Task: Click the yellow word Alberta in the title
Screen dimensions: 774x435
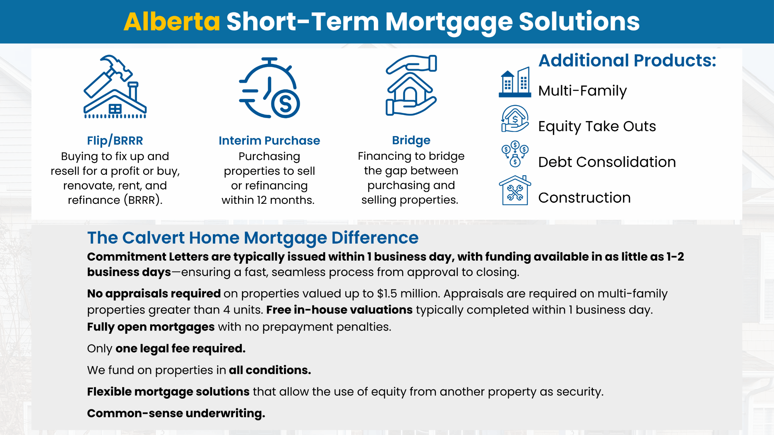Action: point(172,21)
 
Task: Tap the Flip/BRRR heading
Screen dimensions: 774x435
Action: point(115,140)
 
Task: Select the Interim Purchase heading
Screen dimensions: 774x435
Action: point(269,140)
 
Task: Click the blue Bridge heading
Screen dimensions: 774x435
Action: point(411,140)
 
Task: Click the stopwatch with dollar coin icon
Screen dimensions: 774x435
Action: point(269,88)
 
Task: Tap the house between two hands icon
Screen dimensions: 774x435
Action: point(411,85)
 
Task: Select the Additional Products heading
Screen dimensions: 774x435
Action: point(627,60)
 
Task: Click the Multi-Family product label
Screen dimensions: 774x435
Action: point(582,91)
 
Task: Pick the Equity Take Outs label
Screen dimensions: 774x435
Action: point(597,126)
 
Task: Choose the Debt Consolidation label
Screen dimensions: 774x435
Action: point(607,162)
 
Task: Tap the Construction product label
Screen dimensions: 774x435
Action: point(584,198)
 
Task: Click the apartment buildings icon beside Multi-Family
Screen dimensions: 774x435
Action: point(515,82)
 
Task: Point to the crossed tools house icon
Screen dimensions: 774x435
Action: point(515,190)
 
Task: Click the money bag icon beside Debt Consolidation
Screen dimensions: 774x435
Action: point(515,154)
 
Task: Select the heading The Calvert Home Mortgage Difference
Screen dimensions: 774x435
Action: point(253,238)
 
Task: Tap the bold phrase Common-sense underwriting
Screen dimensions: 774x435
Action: point(176,413)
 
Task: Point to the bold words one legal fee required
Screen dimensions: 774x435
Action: point(180,348)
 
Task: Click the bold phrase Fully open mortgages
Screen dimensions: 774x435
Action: point(151,327)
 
